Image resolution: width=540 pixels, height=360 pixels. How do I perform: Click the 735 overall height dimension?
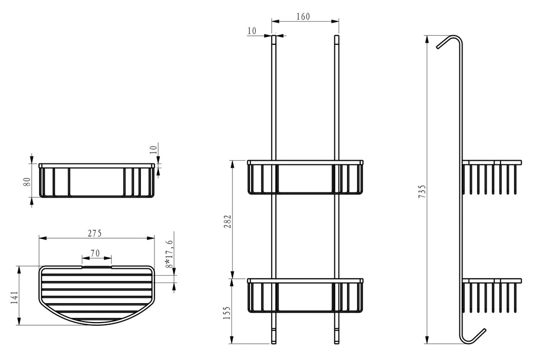pyautogui.click(x=422, y=191)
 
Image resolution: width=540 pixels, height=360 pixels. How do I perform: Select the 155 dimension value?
pyautogui.click(x=227, y=313)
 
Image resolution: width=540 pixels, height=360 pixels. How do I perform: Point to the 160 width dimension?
pyautogui.click(x=303, y=16)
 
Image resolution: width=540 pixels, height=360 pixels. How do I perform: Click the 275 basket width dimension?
pyautogui.click(x=94, y=233)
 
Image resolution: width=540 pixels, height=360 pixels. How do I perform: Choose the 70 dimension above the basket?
pyautogui.click(x=95, y=254)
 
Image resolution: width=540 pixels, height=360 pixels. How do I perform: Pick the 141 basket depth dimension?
pyautogui.click(x=14, y=297)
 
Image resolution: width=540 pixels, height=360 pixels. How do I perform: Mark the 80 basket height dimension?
pyautogui.click(x=27, y=181)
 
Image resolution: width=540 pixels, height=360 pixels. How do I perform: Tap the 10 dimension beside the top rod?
pyautogui.click(x=252, y=31)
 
